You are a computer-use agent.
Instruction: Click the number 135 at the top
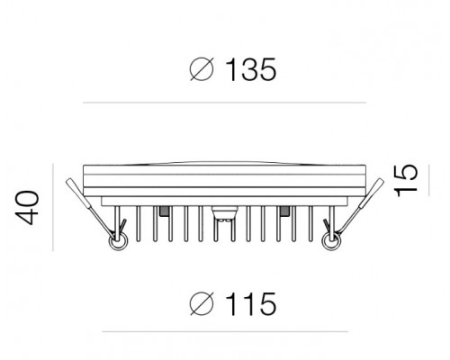pyautogui.click(x=251, y=69)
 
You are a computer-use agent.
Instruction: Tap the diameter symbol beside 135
pyautogui.click(x=202, y=69)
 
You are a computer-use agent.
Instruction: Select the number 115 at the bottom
pyautogui.click(x=251, y=304)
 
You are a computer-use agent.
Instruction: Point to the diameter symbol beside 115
pyautogui.click(x=202, y=303)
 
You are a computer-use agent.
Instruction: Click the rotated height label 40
pyautogui.click(x=27, y=208)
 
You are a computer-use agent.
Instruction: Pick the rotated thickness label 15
pyautogui.click(x=406, y=181)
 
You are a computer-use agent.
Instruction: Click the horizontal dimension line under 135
pyautogui.click(x=224, y=103)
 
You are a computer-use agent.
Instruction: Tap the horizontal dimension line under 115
pyautogui.click(x=225, y=332)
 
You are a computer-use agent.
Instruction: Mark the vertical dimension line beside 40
pyautogui.click(x=53, y=207)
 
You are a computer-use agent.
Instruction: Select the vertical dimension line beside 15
pyautogui.click(x=429, y=180)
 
